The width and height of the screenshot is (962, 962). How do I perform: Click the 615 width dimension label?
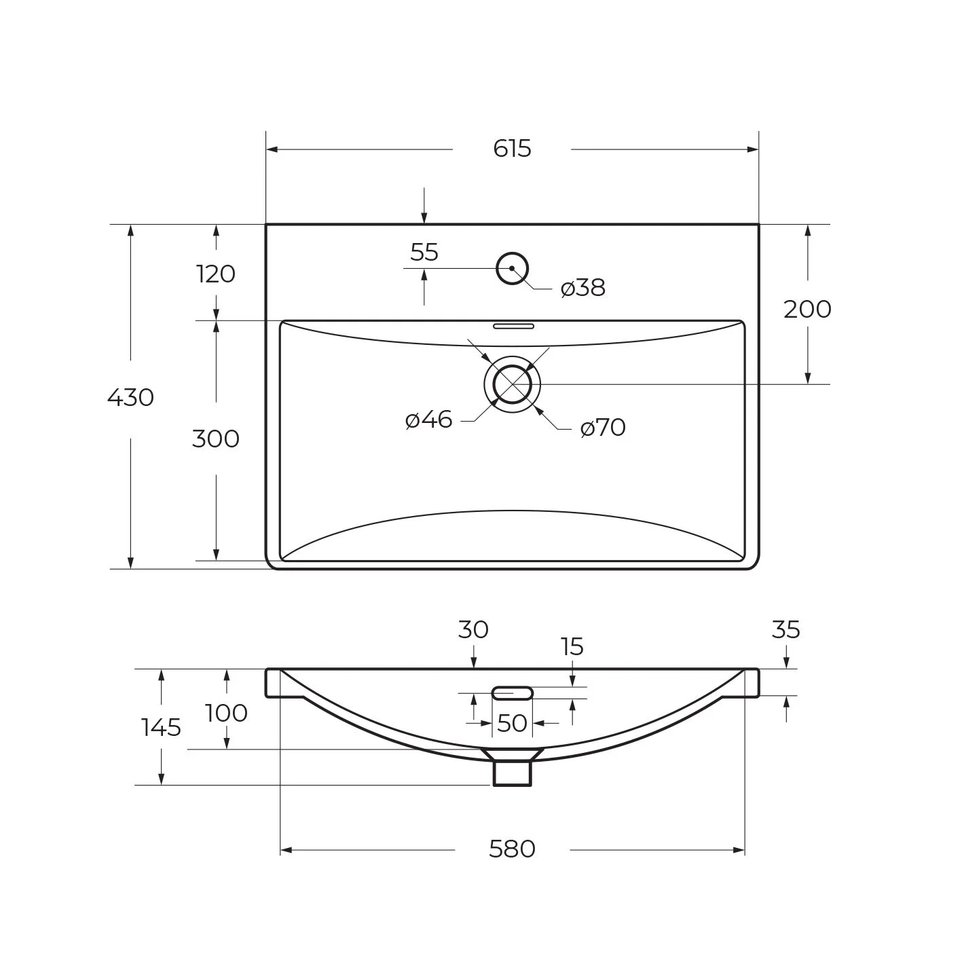coord(512,149)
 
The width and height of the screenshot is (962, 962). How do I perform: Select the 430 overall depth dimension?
coord(131,398)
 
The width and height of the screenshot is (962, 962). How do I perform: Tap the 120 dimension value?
coord(216,274)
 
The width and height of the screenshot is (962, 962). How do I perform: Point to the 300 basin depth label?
coord(216,439)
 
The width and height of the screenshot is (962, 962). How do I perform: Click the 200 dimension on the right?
coord(807,310)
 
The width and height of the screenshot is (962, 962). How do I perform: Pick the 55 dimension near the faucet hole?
coord(424,252)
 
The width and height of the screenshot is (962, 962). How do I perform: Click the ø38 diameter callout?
coord(583,288)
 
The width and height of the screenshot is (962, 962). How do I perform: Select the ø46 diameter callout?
coord(429,420)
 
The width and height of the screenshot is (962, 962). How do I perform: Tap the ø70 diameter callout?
coord(603,428)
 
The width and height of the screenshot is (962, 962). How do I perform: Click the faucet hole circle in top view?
coord(512,253)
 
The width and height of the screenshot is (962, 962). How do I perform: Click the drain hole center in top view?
coord(512,384)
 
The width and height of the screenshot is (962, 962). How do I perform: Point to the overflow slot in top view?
coord(514,327)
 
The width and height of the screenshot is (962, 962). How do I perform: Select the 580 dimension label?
coord(512,849)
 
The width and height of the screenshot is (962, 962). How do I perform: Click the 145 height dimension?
coord(162,727)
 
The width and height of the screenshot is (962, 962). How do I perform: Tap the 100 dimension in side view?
coord(227,713)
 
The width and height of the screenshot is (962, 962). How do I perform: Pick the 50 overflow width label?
coord(512,723)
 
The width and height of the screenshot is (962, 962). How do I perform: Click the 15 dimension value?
coord(572,647)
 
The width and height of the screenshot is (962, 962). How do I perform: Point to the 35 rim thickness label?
coord(785,629)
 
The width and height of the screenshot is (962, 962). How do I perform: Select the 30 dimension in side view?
coord(473,629)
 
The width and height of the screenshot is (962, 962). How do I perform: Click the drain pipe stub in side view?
coord(512,773)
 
